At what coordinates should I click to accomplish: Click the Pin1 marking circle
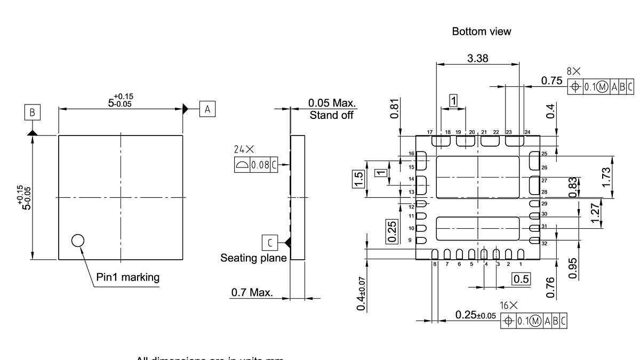pos(78,241)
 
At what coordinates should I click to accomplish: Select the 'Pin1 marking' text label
pos(127,277)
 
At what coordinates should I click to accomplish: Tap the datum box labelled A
pos(207,109)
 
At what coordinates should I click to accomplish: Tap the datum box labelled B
pos(33,113)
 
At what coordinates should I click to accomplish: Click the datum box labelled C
pos(269,243)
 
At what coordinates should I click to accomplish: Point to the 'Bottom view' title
pos(481,31)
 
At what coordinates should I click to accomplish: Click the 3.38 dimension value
pos(477,59)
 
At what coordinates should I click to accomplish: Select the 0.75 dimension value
pos(551,81)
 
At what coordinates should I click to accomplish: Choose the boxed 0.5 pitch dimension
pos(521,278)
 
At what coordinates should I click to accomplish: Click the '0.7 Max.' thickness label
pos(252,292)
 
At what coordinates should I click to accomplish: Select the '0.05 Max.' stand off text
pos(332,103)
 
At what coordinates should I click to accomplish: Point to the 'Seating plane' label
pos(253,258)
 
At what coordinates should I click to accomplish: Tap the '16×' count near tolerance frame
pos(509,306)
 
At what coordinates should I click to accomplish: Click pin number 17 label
pos(429,132)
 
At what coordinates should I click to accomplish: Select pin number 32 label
pos(544,243)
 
